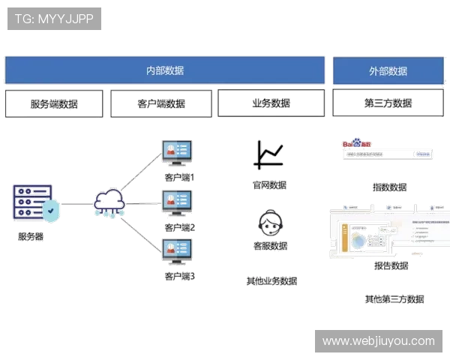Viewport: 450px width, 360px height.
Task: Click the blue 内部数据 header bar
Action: click(165, 70)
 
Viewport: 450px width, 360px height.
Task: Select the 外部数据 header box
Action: click(388, 70)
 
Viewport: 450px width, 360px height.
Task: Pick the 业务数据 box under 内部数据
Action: click(271, 103)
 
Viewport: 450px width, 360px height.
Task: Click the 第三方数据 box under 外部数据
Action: click(387, 103)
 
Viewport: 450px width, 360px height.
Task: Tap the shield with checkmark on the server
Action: click(49, 211)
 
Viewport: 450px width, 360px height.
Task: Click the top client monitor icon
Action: click(179, 152)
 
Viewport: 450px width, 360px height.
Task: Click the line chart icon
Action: click(270, 154)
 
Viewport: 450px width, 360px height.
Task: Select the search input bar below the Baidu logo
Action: click(387, 154)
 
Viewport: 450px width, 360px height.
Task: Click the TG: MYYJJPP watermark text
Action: click(54, 19)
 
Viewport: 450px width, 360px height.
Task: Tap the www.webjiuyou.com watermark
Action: click(378, 341)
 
